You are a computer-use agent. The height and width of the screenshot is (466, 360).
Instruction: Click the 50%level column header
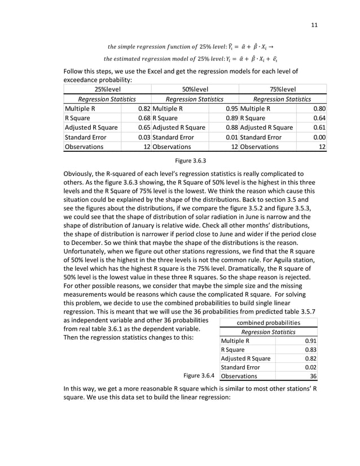[x=195, y=89]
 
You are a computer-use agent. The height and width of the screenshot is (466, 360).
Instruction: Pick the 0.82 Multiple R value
[x=144, y=108]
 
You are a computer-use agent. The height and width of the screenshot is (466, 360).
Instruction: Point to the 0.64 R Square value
[x=320, y=118]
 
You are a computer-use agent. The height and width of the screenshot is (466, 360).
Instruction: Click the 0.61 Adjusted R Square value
[x=320, y=128]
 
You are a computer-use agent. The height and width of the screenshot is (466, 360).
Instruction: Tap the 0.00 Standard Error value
[x=320, y=137]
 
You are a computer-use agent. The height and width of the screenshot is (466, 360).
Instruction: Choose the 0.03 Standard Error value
[x=144, y=137]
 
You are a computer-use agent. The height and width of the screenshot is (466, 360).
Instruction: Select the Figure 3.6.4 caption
[x=199, y=375]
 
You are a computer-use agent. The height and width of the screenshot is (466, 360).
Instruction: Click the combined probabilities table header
[x=269, y=323]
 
